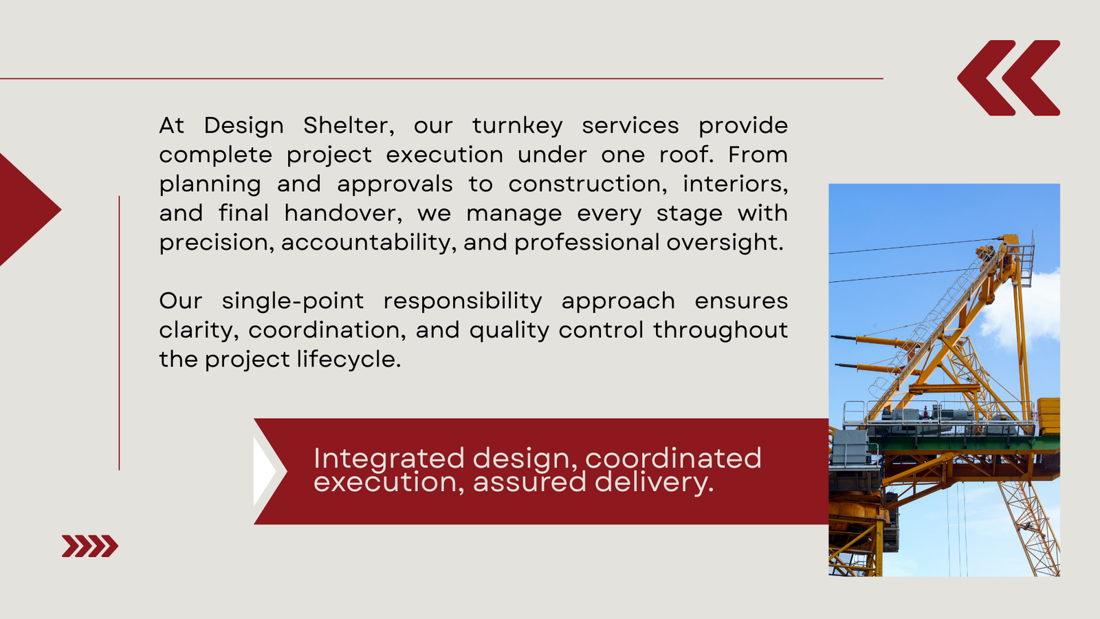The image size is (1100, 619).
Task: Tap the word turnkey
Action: coord(517,127)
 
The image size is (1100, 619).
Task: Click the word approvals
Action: coord(395,185)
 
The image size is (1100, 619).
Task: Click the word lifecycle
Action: coord(349,360)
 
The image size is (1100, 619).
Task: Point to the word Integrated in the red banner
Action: coord(389,459)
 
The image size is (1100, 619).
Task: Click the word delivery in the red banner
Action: coord(654,482)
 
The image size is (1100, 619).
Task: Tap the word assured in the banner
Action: coord(529,482)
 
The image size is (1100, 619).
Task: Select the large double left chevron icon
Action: coord(1009,78)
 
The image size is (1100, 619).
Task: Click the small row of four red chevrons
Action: coord(90,546)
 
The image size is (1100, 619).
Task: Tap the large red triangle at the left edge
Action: coord(27,210)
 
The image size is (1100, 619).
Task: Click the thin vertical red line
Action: coord(120,333)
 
